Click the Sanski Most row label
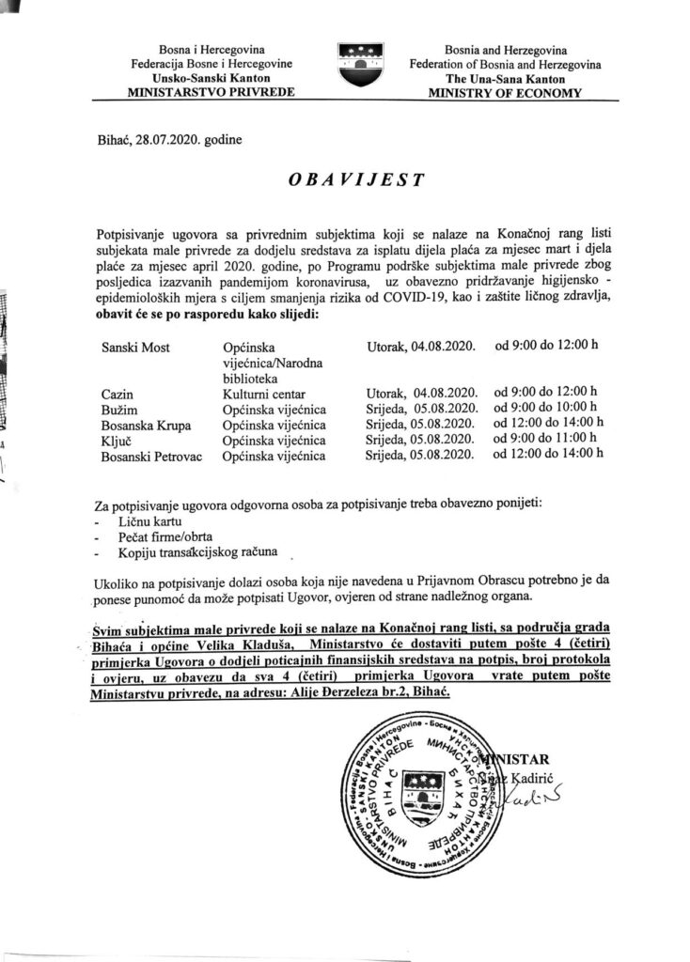(135, 349)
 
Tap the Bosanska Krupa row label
(144, 424)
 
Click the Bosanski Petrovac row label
(150, 456)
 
